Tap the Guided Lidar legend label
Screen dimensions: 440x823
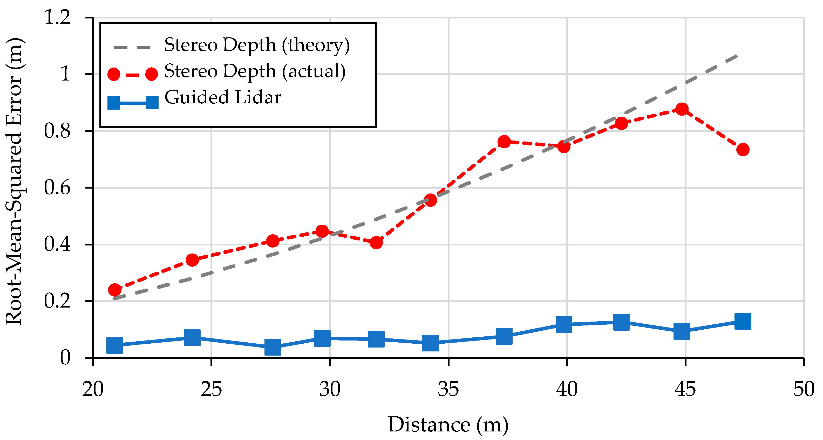click(223, 97)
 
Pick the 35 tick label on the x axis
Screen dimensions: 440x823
click(448, 389)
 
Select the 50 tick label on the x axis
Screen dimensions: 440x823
click(804, 389)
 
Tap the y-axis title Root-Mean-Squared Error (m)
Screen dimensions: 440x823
click(14, 181)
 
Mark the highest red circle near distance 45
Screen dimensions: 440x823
click(682, 109)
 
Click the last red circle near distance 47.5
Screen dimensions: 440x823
click(743, 149)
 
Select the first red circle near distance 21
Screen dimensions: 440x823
click(115, 290)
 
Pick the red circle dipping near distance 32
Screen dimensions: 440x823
click(376, 243)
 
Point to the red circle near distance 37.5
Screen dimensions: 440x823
click(504, 141)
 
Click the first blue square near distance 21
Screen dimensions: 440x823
click(114, 345)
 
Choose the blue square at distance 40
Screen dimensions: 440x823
click(563, 325)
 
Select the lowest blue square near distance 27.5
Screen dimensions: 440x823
click(273, 347)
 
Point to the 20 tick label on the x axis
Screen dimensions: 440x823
click(93, 389)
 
